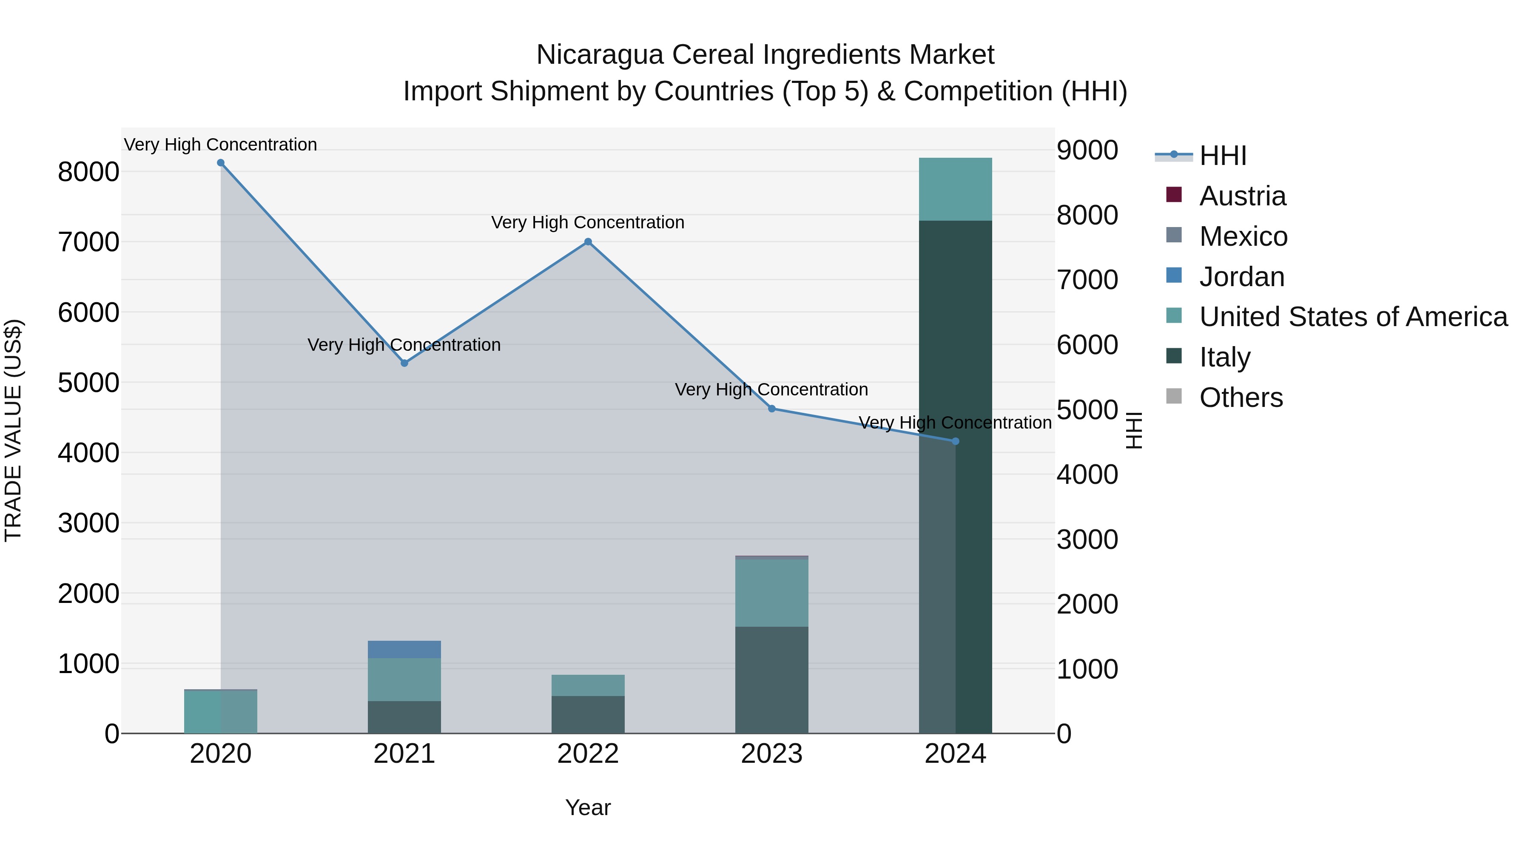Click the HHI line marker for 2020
(x=220, y=163)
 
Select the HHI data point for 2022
(x=588, y=242)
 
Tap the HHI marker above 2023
(x=771, y=409)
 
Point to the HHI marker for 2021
(x=404, y=363)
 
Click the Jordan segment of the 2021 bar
(x=404, y=649)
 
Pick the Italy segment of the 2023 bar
(x=771, y=680)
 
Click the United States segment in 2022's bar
(x=588, y=685)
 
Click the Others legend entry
(x=1241, y=398)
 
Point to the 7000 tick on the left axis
(x=88, y=242)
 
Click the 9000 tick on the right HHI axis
(x=1087, y=151)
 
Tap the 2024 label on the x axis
(x=955, y=754)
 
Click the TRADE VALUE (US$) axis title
(x=13, y=430)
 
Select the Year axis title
(x=588, y=807)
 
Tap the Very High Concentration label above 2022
(x=588, y=223)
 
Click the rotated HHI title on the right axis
(x=1134, y=430)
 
